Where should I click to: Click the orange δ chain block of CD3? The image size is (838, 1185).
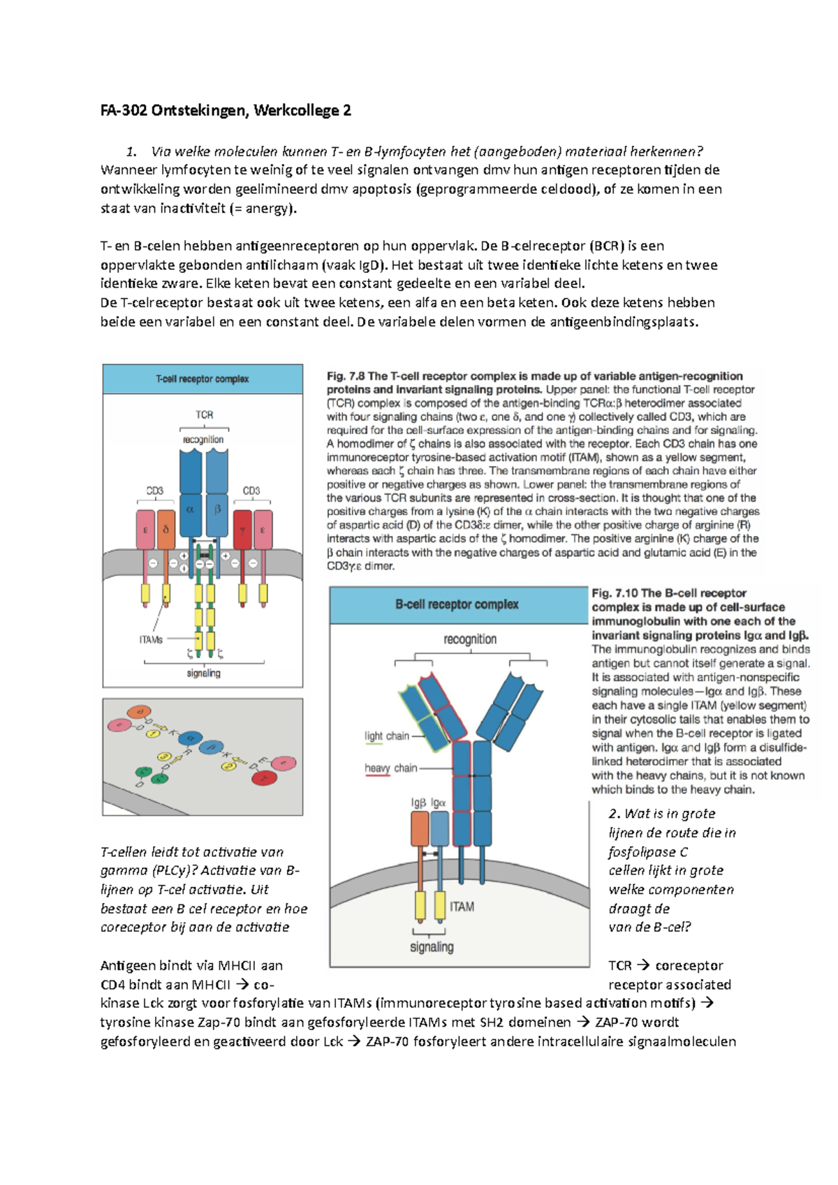point(166,530)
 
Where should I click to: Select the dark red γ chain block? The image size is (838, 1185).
point(242,530)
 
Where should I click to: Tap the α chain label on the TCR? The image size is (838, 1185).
point(190,510)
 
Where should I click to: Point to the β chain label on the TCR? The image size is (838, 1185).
point(217,510)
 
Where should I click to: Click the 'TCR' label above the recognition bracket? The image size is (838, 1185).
point(204,415)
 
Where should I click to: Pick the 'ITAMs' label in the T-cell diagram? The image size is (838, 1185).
point(151,639)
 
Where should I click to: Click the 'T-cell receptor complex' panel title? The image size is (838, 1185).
point(203,379)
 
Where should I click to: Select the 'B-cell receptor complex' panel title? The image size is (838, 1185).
point(457,604)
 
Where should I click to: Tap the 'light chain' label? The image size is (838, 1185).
point(387,736)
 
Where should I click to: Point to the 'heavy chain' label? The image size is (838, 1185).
point(390,768)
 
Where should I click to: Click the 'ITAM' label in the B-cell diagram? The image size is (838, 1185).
point(462,907)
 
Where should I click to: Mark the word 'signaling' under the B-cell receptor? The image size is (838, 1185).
point(432,947)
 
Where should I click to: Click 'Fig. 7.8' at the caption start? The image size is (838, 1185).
point(346,376)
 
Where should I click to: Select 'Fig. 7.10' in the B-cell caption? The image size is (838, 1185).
point(615,593)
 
